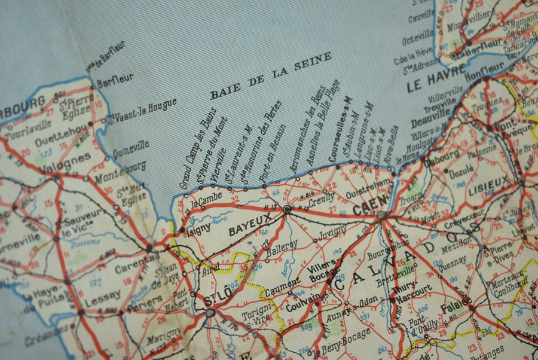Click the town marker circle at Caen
pyautogui.click(x=381, y=215)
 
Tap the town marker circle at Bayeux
pyautogui.click(x=287, y=209)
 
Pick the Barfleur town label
pyautogui.click(x=115, y=80)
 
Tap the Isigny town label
pyautogui.click(x=197, y=229)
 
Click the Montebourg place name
pyautogui.click(x=120, y=170)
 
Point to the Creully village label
pyautogui.click(x=322, y=199)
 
